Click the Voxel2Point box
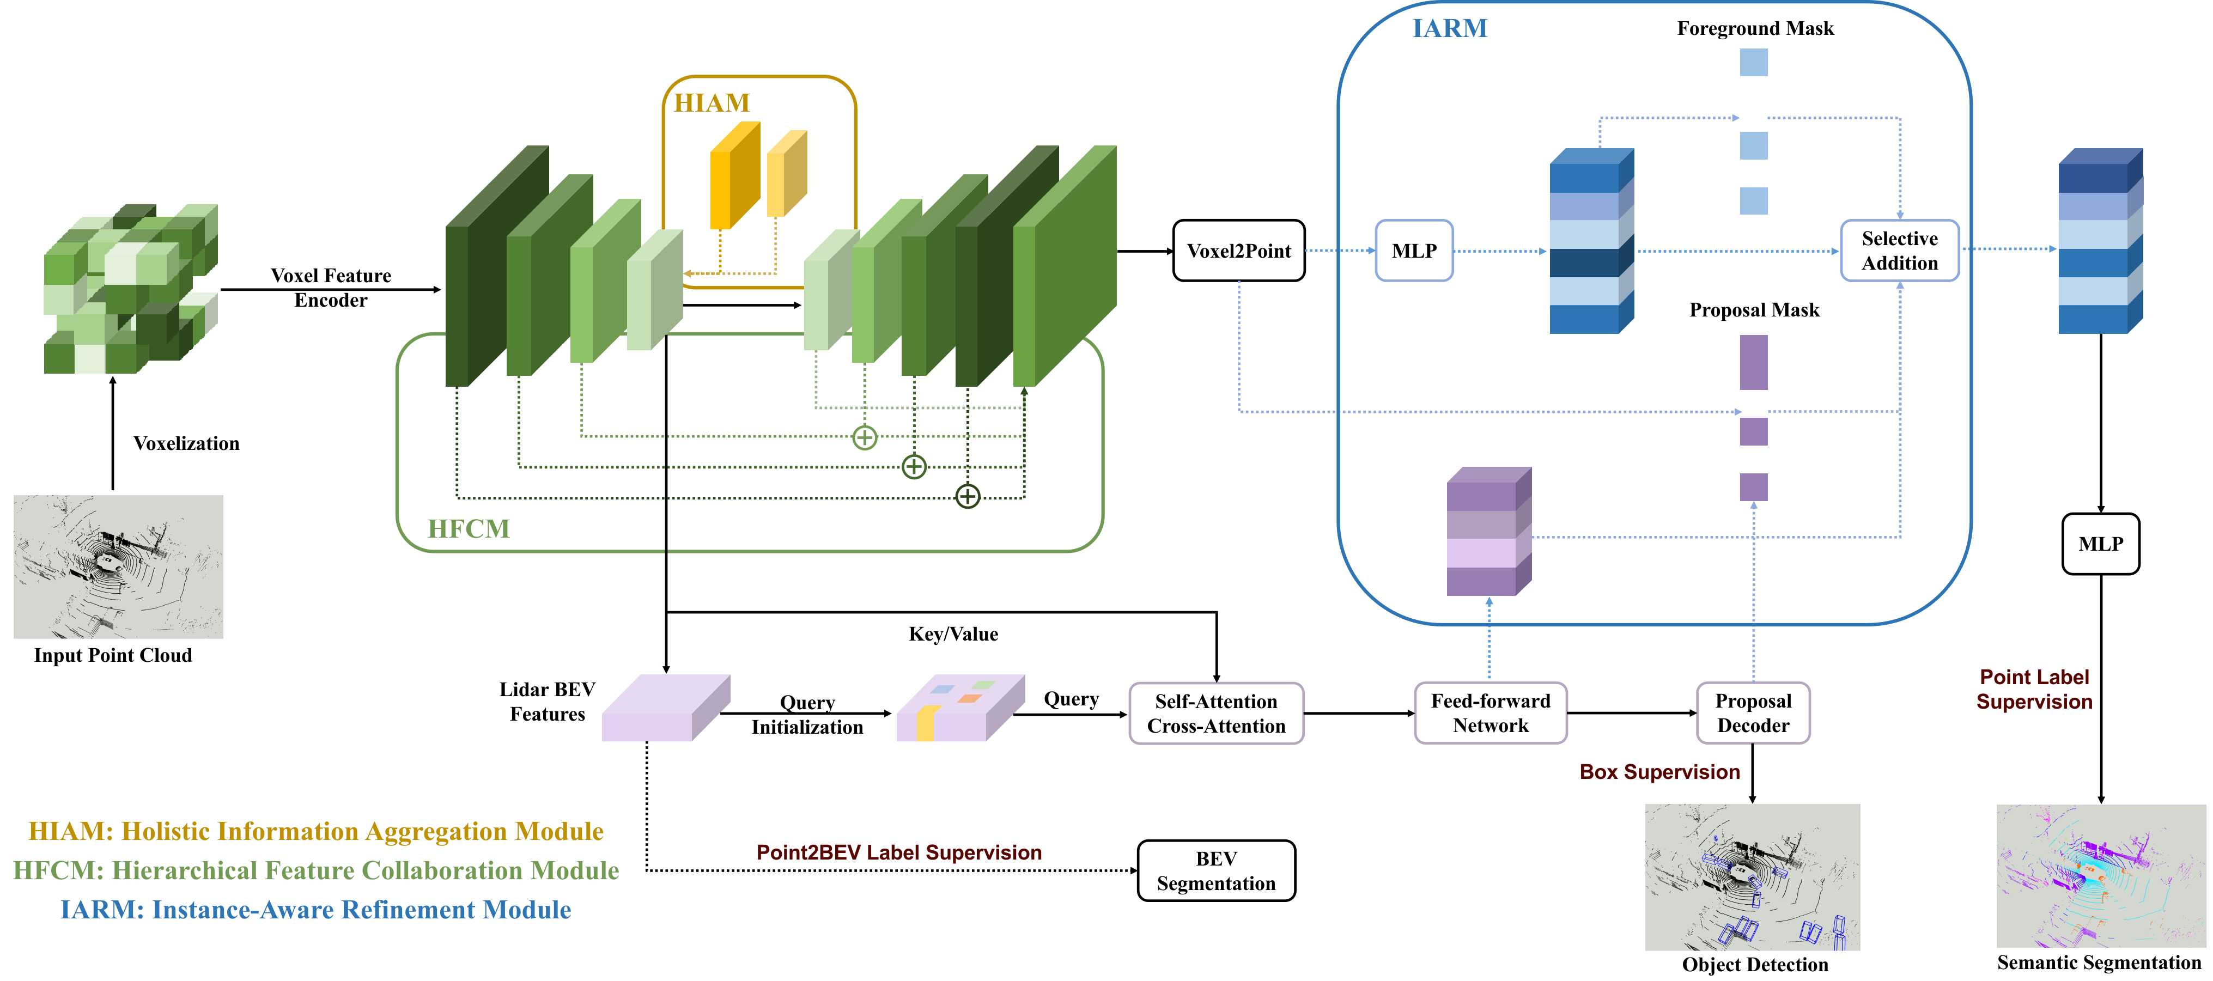point(1239,251)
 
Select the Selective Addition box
point(1899,251)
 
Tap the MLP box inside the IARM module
point(1414,251)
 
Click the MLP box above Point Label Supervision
point(2100,544)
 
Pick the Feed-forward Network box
point(1491,713)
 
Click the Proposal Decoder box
point(1753,713)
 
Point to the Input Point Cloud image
point(119,566)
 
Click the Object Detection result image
point(1753,877)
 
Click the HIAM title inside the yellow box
point(712,103)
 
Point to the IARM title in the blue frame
point(1450,28)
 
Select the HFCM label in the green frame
point(469,528)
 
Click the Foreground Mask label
point(1755,28)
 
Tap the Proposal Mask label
point(1754,310)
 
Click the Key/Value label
point(953,634)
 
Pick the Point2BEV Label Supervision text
point(898,852)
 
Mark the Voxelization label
point(186,443)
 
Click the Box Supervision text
point(1659,771)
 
